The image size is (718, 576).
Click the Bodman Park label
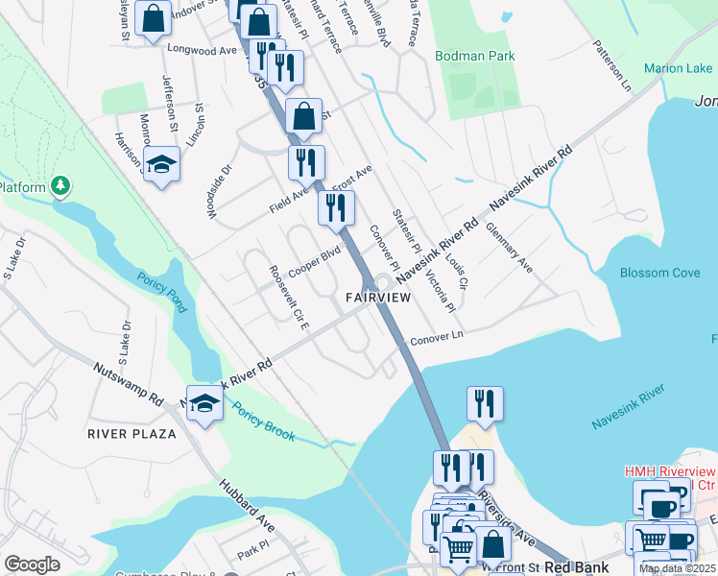point(474,56)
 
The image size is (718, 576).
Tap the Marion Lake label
point(678,68)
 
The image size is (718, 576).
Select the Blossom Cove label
point(659,273)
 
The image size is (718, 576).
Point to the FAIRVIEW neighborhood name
point(378,299)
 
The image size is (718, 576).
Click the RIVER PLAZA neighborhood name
point(132,434)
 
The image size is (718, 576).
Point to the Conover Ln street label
point(437,339)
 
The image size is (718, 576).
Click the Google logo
point(32,565)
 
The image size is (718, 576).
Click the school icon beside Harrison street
point(161,164)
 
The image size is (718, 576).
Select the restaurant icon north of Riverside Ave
point(485,403)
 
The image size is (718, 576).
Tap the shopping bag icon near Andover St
point(153,19)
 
